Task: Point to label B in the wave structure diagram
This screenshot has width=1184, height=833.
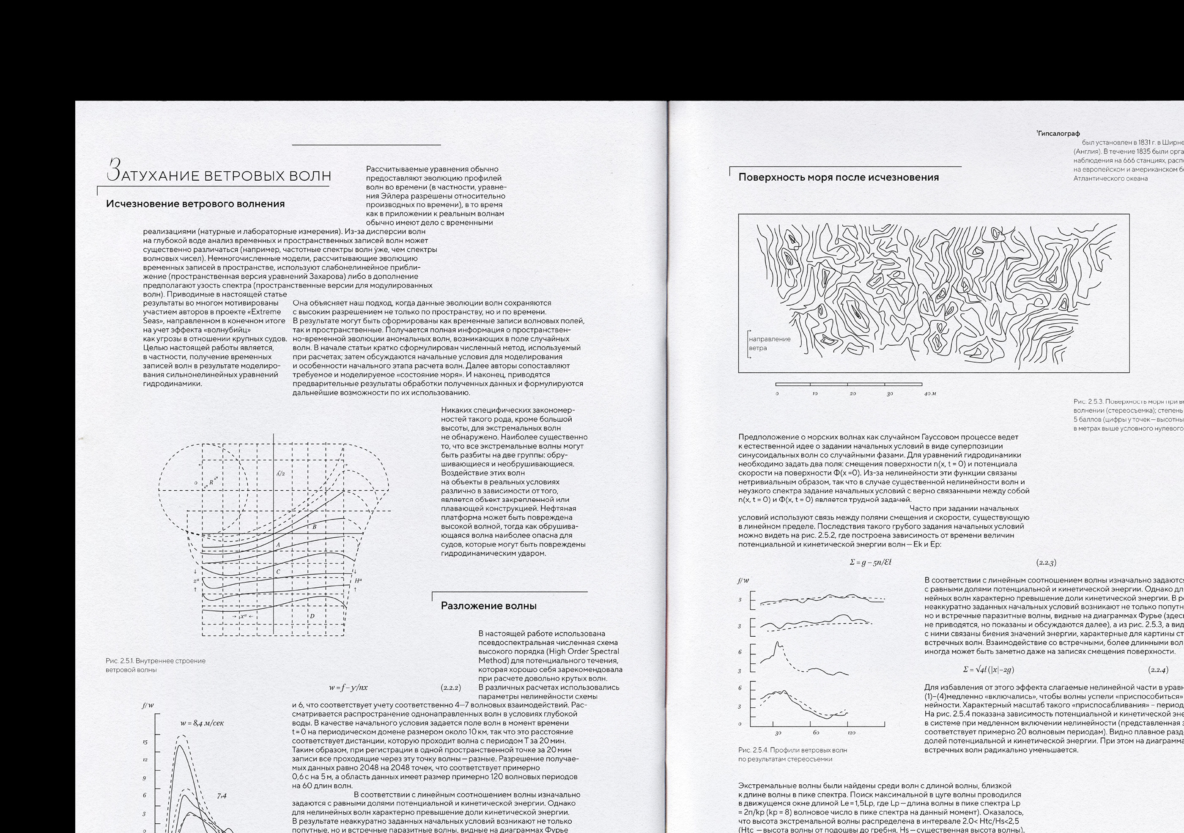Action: (x=314, y=527)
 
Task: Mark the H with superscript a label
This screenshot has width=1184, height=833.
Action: (x=358, y=580)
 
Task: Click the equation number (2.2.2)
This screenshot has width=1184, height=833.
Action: (x=450, y=687)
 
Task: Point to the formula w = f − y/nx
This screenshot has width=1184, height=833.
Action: (x=348, y=687)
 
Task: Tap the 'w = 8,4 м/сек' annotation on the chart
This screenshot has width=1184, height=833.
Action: (x=202, y=723)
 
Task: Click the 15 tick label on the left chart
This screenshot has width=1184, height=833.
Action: (x=145, y=742)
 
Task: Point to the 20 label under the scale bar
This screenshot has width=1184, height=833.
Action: (x=852, y=393)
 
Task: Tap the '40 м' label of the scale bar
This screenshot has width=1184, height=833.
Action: (x=930, y=393)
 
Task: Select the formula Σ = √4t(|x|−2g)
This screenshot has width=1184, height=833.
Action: (x=989, y=670)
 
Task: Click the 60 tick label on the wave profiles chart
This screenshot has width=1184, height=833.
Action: (x=816, y=732)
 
